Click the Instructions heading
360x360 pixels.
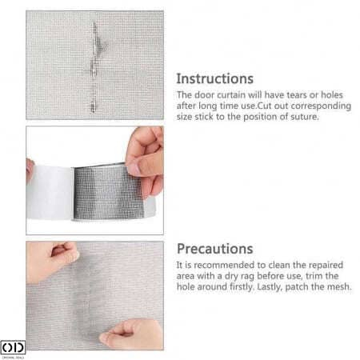click(x=214, y=79)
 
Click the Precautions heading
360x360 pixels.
click(x=215, y=249)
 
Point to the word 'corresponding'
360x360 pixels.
click(x=321, y=106)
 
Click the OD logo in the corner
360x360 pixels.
click(x=13, y=348)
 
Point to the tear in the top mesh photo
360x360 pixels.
click(x=94, y=66)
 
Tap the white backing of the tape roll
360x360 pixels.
click(x=50, y=193)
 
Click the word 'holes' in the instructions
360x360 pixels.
click(x=332, y=95)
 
